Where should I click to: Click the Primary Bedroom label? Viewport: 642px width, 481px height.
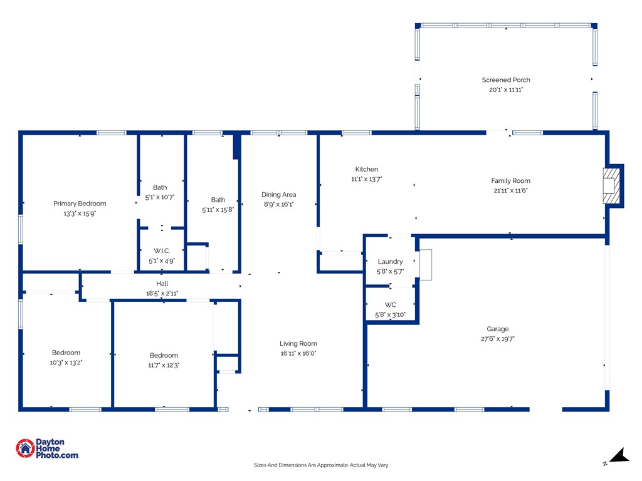tap(80, 204)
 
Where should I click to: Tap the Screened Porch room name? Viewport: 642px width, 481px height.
tap(506, 80)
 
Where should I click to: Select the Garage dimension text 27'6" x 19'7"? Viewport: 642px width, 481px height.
tap(498, 339)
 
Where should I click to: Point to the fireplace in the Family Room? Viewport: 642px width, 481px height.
tap(611, 185)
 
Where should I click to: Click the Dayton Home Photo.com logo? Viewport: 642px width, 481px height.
tap(47, 448)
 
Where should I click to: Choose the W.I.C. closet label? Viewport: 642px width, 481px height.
tap(162, 251)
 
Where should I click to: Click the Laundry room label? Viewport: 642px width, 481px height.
tap(390, 262)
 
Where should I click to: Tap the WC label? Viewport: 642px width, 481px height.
tap(390, 305)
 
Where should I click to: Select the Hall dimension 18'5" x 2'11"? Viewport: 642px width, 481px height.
tap(162, 293)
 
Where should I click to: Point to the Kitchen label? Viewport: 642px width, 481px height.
tap(367, 170)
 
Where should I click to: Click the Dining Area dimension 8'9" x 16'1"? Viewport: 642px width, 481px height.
tap(279, 204)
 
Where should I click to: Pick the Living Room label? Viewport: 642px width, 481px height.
tap(298, 343)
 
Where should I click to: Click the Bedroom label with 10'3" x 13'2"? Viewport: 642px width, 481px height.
tap(66, 353)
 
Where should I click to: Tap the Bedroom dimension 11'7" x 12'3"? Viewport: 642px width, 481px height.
tap(164, 365)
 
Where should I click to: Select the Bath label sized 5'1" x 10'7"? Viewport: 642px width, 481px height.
tap(160, 187)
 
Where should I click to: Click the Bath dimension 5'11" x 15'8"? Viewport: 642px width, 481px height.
tap(218, 210)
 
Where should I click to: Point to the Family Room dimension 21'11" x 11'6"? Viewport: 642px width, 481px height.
tap(510, 190)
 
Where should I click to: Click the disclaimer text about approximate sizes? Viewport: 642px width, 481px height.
tap(321, 465)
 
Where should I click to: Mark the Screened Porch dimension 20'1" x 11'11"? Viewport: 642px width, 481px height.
tap(506, 90)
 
